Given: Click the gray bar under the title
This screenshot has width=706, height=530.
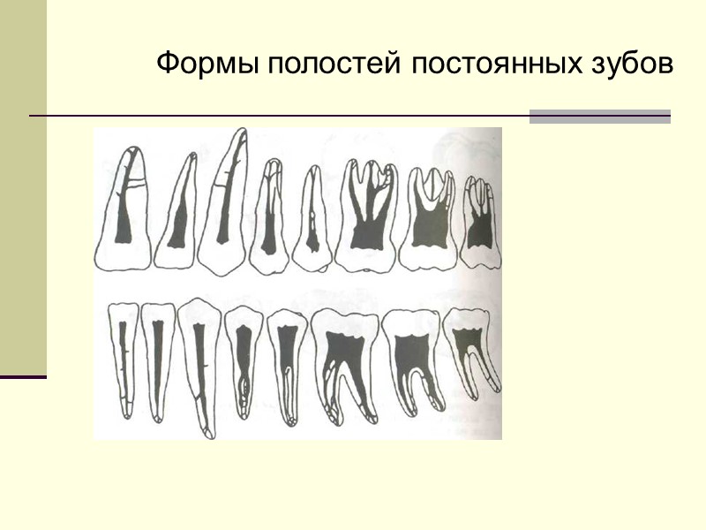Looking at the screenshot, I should point(599,117).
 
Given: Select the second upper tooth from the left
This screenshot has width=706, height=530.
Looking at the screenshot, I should point(178,216).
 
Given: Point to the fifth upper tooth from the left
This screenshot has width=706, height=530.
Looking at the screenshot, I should point(312,221).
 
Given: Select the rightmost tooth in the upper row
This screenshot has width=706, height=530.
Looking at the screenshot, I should point(480,221).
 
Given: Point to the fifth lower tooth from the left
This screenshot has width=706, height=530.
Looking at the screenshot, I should point(287,362).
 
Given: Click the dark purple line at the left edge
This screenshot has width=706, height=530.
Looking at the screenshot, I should point(23,377).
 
